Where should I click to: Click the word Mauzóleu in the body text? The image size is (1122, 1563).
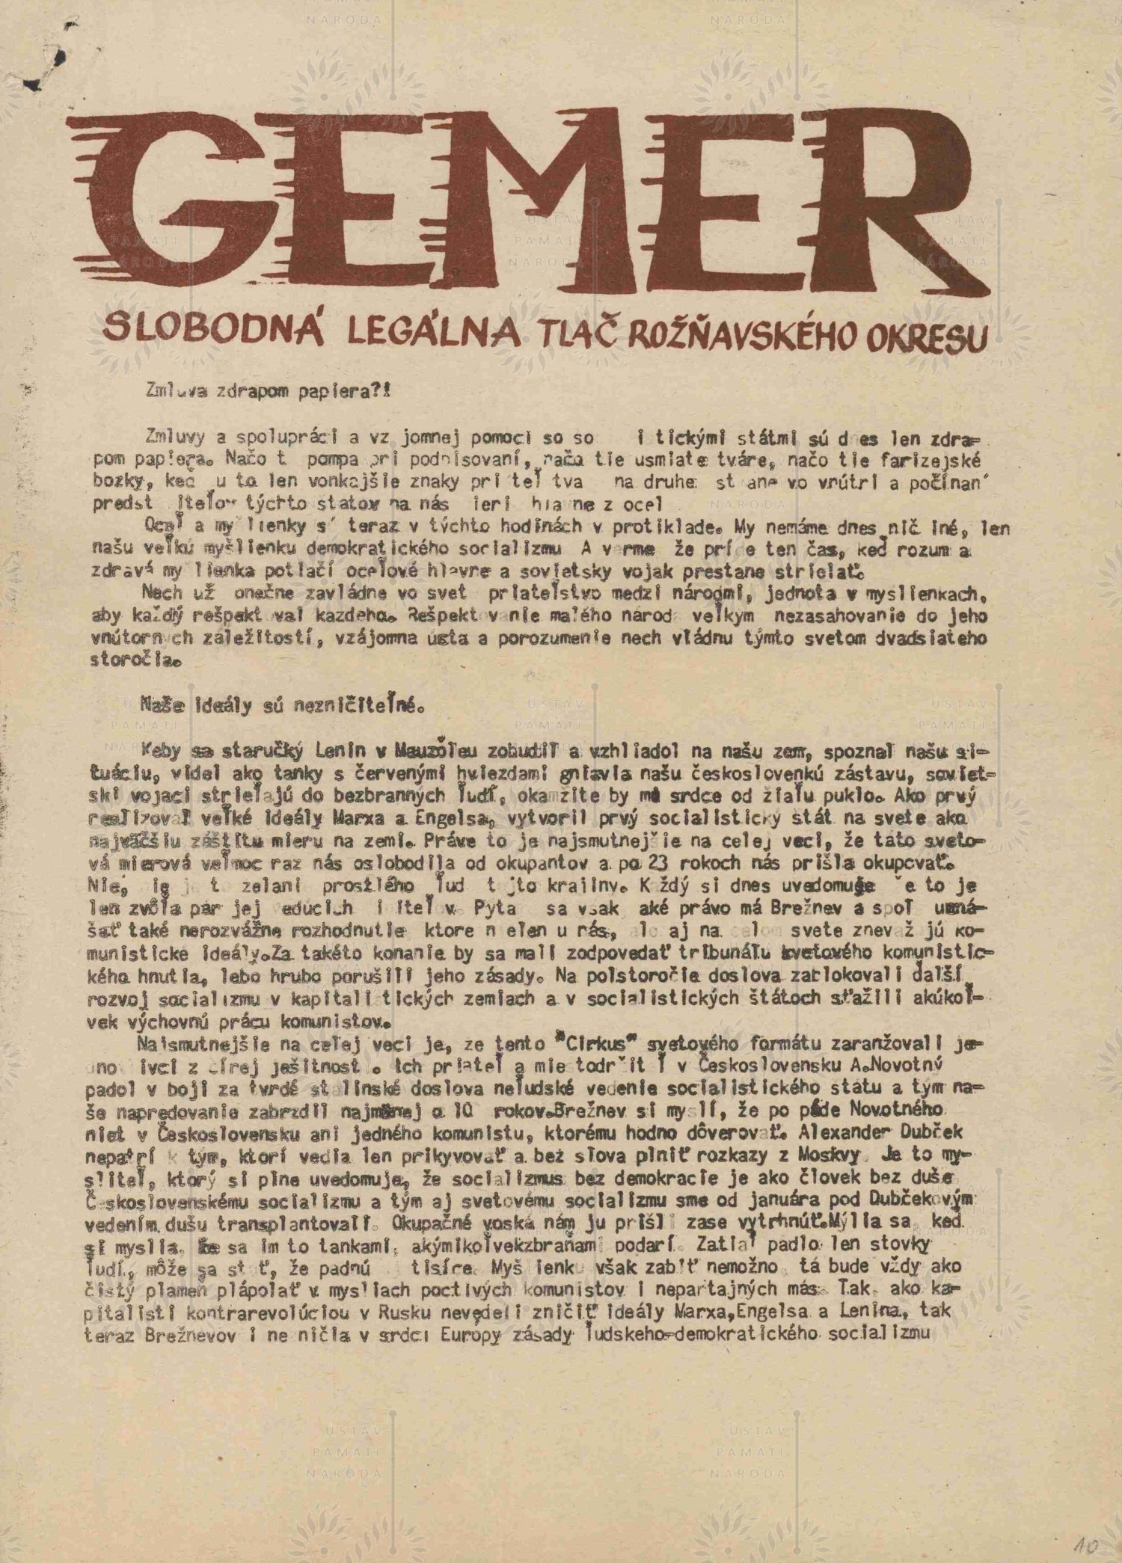pos(416,750)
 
